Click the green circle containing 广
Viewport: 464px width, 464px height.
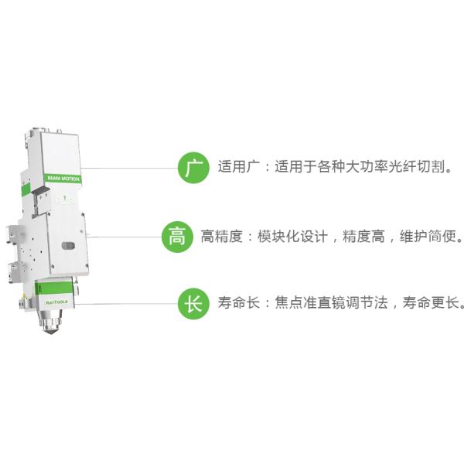(x=193, y=168)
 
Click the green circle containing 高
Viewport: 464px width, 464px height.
(x=177, y=237)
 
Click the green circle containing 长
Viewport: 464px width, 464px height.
(x=193, y=304)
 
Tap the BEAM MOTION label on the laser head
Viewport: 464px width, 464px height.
(x=63, y=179)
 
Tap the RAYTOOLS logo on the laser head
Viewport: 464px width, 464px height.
(x=56, y=302)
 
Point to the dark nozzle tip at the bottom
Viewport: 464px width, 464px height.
(x=51, y=332)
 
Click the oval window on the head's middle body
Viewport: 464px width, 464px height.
(x=69, y=245)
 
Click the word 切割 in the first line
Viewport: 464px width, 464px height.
(x=431, y=166)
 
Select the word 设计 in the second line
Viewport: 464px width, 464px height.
(x=314, y=237)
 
